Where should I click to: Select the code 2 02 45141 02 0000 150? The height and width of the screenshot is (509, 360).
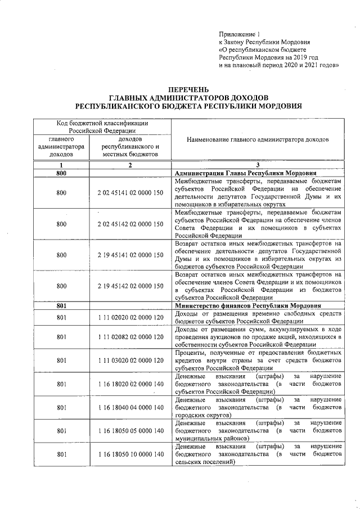pyautogui.click(x=130, y=193)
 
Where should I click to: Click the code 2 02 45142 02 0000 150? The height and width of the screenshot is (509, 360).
pyautogui.click(x=130, y=224)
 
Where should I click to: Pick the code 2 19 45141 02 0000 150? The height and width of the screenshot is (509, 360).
pyautogui.click(x=130, y=255)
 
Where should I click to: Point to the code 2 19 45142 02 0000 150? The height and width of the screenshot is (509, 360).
pyautogui.click(x=130, y=286)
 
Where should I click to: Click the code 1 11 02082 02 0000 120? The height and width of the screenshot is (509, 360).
pyautogui.click(x=130, y=337)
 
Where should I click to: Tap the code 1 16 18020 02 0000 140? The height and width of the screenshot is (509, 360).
pyautogui.click(x=130, y=384)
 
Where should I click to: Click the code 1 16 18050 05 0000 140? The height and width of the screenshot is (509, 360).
pyautogui.click(x=130, y=430)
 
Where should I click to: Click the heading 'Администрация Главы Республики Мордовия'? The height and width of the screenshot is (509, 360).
pyautogui.click(x=245, y=173)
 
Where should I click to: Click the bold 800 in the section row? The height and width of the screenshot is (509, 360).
pyautogui.click(x=62, y=173)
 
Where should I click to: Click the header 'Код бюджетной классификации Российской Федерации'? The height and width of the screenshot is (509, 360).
pyautogui.click(x=102, y=127)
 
